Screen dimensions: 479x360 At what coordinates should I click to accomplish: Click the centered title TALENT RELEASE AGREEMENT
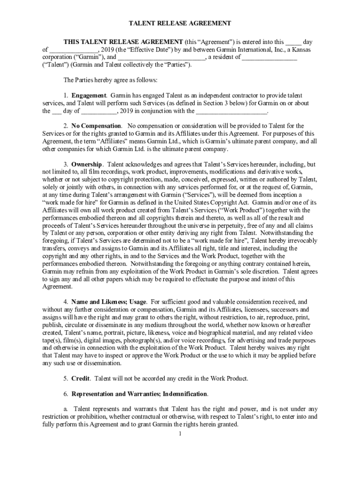coord(180,23)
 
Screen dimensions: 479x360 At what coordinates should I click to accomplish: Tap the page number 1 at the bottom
coord(180,434)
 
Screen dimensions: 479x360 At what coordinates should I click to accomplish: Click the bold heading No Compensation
coord(96,126)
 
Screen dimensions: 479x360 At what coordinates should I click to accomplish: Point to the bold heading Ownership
coord(87,164)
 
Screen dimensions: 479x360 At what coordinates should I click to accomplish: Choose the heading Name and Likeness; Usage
coord(108,302)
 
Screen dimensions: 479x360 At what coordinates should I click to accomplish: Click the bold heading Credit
coord(80,378)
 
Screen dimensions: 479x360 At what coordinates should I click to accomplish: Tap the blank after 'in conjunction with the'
coord(231,111)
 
